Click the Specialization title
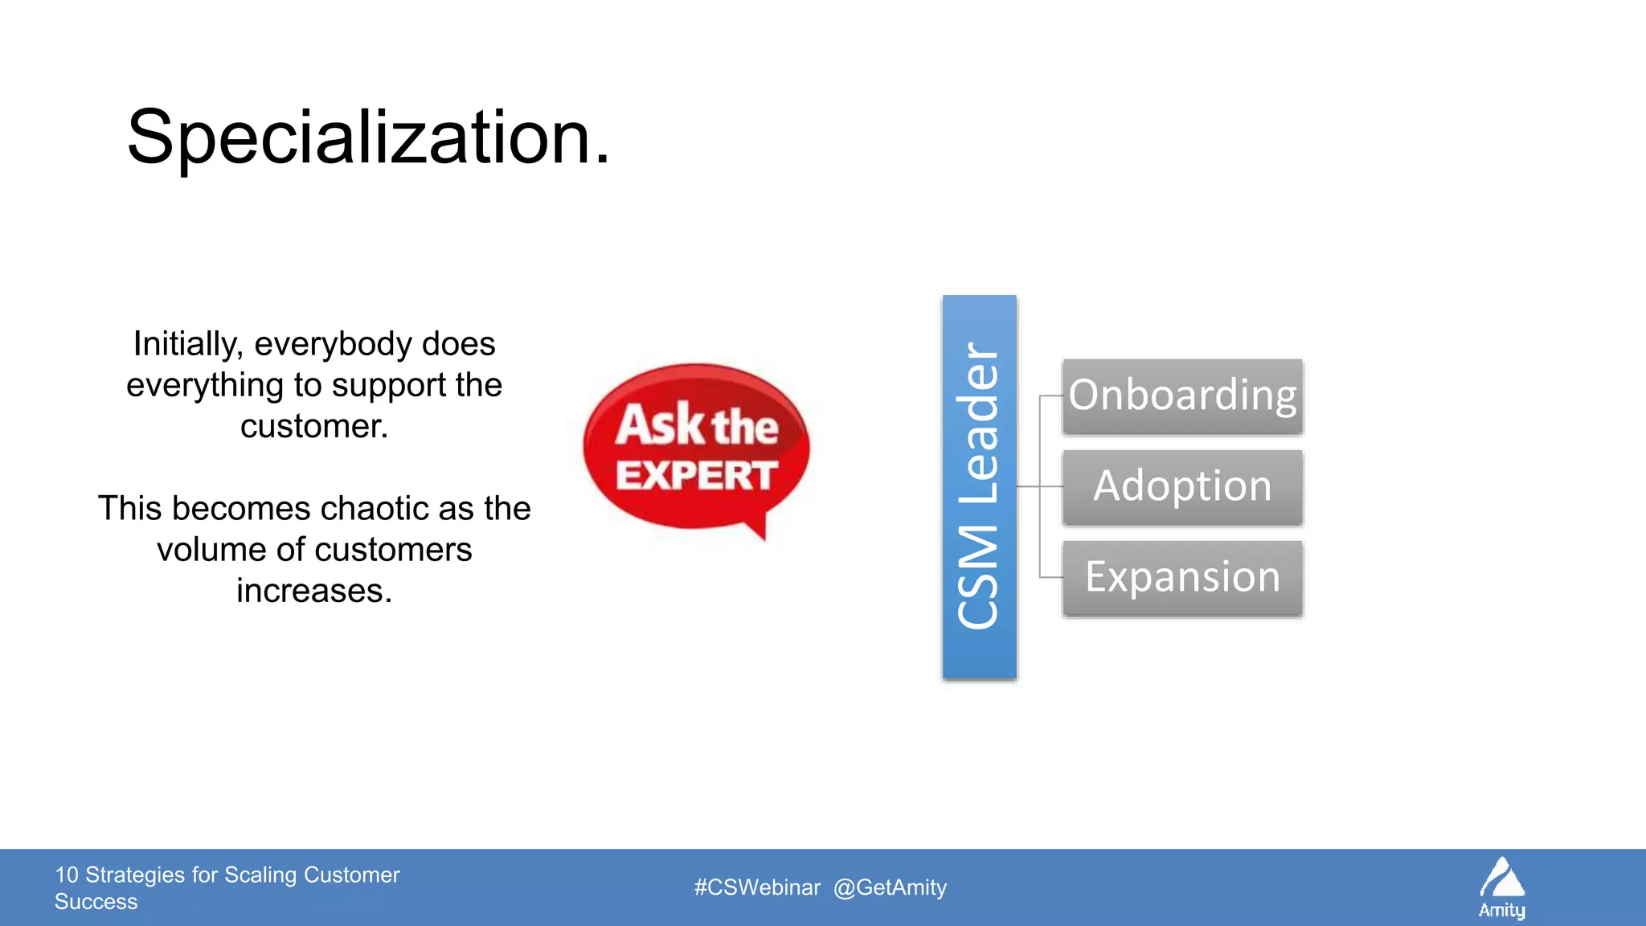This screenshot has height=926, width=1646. click(368, 138)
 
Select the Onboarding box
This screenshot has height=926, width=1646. click(1181, 396)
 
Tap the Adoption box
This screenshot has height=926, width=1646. click(1181, 487)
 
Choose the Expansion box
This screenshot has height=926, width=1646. click(1181, 578)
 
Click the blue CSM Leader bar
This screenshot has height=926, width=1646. click(979, 487)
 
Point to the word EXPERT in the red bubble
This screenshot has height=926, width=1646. click(696, 475)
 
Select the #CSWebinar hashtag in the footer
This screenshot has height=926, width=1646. click(757, 887)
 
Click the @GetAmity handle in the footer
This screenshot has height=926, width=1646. click(890, 887)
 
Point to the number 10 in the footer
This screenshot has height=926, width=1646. click(67, 875)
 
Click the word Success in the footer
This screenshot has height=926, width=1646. click(96, 902)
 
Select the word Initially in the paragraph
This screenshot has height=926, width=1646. click(187, 344)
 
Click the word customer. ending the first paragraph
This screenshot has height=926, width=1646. click(313, 426)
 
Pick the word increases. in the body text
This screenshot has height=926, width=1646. click(313, 591)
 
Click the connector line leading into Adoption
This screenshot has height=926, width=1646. click(1042, 486)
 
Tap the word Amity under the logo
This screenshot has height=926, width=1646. click(1501, 911)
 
